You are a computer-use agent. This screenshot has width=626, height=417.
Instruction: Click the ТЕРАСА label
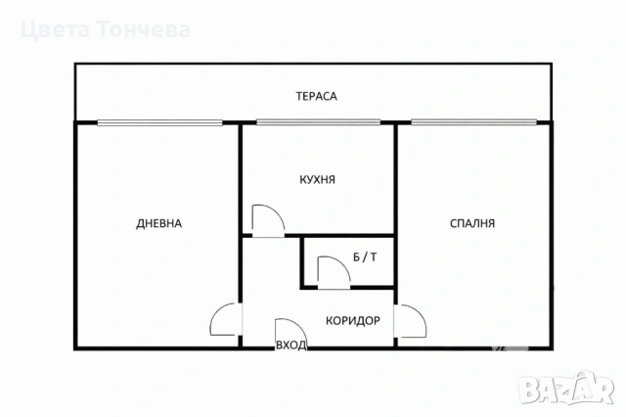click(316, 96)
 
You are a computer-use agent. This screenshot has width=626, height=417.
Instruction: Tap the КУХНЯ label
click(317, 180)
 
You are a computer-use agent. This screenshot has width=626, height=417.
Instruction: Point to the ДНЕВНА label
click(158, 224)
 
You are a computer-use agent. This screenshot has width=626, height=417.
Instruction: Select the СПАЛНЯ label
click(472, 223)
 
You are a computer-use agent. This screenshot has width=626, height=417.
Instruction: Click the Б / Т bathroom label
click(365, 257)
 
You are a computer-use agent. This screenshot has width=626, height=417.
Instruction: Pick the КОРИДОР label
click(353, 321)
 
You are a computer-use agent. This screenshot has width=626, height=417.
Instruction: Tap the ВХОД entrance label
click(291, 346)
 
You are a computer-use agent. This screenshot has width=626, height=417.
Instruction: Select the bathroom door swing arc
click(342, 264)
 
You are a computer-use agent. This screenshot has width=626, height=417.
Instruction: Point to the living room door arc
click(215, 311)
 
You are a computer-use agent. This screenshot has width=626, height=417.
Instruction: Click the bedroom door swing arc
click(420, 313)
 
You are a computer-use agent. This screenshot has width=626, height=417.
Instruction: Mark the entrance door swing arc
click(299, 327)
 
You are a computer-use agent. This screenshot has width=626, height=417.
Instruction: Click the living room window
click(159, 122)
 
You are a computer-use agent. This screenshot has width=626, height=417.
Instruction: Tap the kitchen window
click(318, 122)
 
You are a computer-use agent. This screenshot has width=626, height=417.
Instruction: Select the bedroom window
click(473, 122)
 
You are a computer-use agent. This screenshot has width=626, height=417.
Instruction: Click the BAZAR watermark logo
click(567, 389)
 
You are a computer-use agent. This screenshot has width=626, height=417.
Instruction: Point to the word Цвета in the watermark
click(55, 30)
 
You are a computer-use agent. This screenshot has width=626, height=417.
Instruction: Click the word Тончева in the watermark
click(144, 30)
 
